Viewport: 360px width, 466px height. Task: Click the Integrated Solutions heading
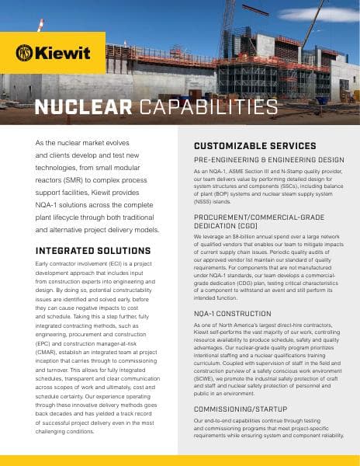pyautogui.click(x=93, y=251)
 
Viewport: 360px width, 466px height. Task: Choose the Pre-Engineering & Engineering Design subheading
pyautogui.click(x=268, y=159)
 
